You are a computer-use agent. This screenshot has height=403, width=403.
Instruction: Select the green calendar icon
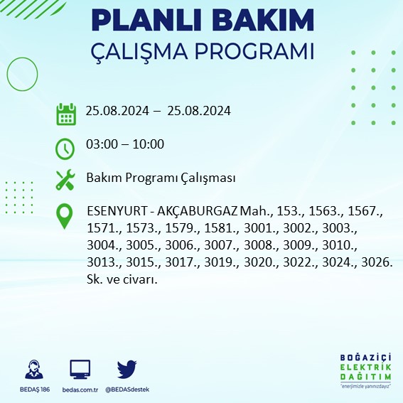point(65,114)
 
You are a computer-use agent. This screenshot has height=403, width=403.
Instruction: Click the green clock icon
point(65,148)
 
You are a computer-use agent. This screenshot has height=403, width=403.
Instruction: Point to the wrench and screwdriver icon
point(65,178)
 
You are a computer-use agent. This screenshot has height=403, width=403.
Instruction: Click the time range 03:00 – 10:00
point(124,145)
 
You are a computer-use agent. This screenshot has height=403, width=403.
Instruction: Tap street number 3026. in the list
point(376,262)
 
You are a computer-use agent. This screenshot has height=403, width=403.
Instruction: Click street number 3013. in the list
point(102,262)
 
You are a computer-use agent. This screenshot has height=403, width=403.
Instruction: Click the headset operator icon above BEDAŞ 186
point(31,370)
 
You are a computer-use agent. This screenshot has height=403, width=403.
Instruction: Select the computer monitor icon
point(80,370)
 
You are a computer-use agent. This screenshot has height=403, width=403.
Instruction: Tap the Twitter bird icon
point(127,370)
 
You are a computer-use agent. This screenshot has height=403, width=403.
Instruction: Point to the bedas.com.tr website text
point(80,389)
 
